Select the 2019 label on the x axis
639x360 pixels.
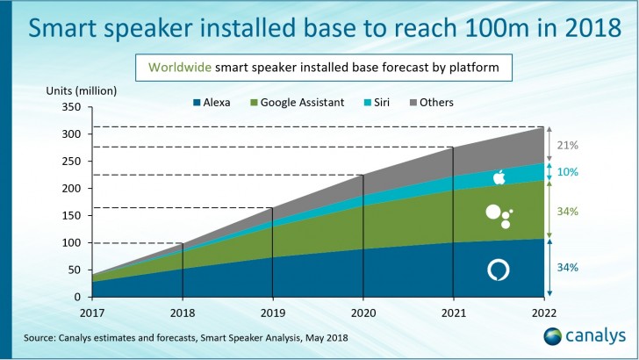pos(273,311)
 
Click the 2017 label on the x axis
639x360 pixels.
pos(92,311)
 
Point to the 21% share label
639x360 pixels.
pos(568,144)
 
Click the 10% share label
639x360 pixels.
pos(568,172)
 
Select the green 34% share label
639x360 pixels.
pos(568,212)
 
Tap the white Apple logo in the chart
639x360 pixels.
pos(499,177)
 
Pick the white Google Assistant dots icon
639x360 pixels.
pos(499,215)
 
